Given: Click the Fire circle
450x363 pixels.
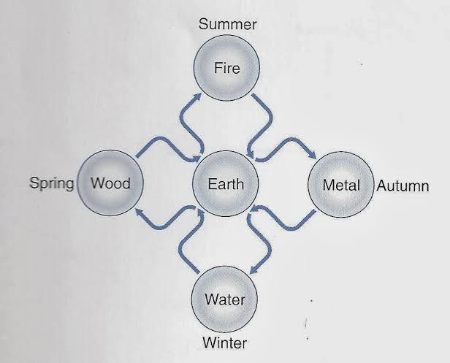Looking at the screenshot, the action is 226,68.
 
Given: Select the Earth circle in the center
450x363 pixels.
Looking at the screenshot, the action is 225,183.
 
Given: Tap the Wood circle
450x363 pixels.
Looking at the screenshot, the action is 110,183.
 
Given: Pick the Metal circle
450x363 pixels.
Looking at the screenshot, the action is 341,185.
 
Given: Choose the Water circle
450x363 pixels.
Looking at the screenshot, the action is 224,299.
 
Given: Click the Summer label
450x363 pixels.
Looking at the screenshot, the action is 228,24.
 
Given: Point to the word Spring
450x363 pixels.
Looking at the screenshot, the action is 52,183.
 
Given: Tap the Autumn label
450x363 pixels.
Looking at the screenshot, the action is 403,186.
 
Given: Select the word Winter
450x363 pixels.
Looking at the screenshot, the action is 225,343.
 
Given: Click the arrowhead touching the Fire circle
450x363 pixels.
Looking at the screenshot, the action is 197,98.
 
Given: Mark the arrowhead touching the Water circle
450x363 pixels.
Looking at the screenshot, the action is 253,270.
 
